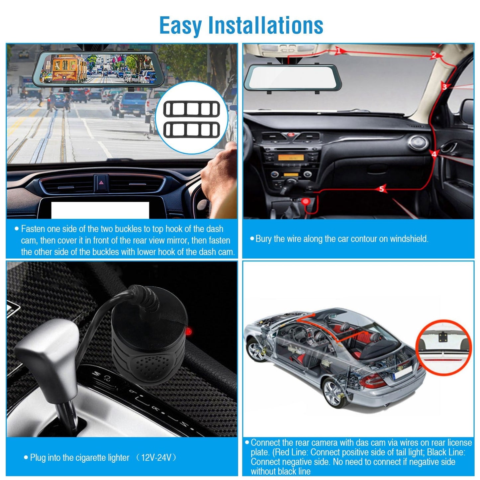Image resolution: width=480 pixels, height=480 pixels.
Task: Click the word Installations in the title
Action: (x=265, y=26)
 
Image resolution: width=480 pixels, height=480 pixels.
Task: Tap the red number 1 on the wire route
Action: (x=338, y=51)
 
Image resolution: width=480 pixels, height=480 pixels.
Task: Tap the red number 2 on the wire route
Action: (x=433, y=55)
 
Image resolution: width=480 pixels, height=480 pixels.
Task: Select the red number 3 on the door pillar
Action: (x=444, y=87)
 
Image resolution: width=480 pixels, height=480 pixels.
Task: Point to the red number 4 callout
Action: (x=434, y=154)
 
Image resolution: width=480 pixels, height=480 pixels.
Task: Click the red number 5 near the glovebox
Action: (x=382, y=189)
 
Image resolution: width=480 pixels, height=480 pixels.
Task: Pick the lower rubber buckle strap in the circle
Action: (x=191, y=130)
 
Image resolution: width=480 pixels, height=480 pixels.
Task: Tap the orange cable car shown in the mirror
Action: (x=68, y=68)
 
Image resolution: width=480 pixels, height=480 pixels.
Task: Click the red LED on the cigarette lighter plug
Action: (x=188, y=331)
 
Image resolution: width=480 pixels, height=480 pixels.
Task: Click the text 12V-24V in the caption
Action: (x=156, y=458)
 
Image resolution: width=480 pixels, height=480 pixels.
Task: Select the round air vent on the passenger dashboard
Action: (x=418, y=142)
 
